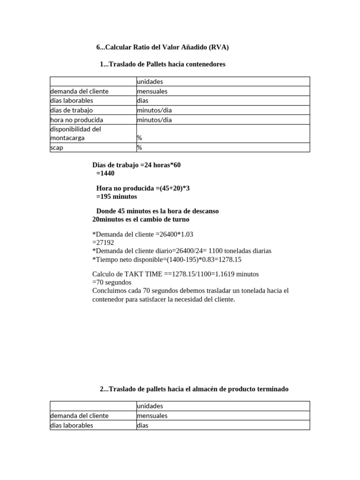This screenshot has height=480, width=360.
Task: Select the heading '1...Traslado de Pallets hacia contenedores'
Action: coord(163,64)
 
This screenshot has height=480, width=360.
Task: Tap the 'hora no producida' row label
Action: coord(76,120)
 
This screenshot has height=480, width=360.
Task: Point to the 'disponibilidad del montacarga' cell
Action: coord(75,134)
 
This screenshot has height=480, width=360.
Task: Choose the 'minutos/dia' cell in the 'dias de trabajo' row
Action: coord(154,110)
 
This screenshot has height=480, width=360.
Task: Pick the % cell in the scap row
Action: coord(139,148)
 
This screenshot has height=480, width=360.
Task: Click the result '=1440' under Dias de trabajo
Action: coord(105,173)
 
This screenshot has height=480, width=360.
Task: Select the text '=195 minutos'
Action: coord(116,196)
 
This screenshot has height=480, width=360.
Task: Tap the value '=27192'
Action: coord(103,243)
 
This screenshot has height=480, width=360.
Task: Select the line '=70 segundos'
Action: coord(112,282)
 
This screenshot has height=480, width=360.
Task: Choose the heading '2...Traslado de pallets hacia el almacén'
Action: coord(195,389)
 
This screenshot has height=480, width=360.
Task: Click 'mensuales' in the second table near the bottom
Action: coord(152,416)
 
